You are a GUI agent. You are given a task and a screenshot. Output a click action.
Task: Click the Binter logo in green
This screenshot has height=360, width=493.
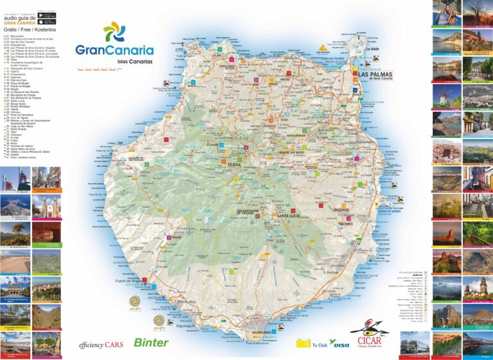(151, 343)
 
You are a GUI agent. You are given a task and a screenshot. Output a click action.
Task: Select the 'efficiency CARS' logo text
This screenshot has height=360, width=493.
(101, 345)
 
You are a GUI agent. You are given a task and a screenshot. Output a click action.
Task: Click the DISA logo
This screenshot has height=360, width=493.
(341, 344)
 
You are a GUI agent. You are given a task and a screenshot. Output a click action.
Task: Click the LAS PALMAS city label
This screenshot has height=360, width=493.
(376, 75)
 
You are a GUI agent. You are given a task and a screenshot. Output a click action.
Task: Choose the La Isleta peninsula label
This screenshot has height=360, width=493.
(373, 49)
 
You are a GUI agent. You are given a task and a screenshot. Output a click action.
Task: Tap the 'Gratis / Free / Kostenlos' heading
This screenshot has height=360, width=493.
(30, 30)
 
